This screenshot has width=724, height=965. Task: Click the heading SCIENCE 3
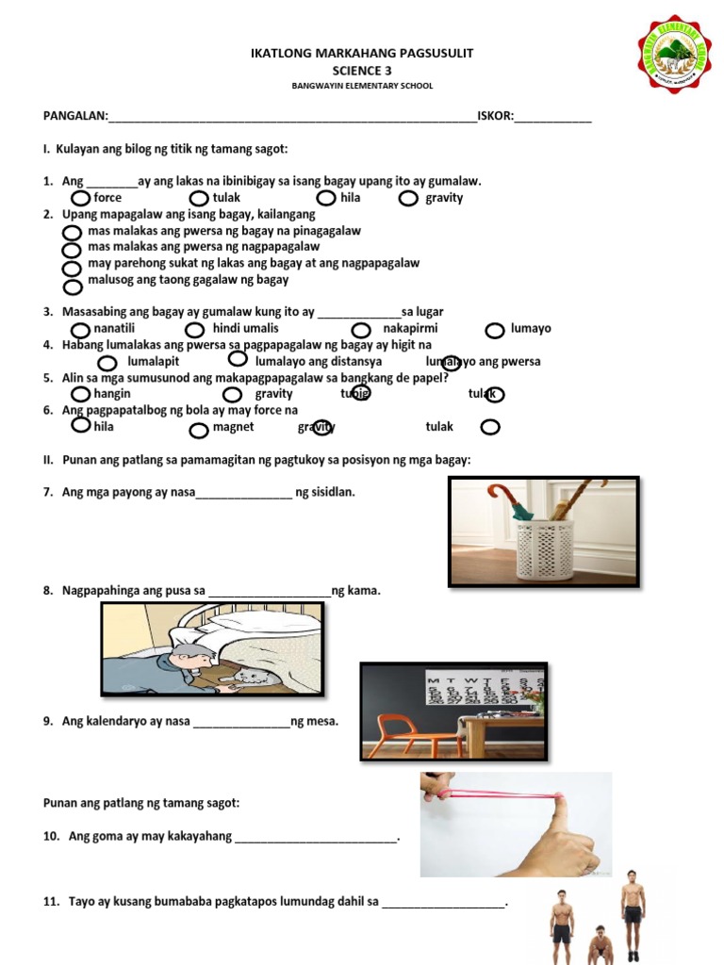point(361,70)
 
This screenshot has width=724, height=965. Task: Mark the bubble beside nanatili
point(82,329)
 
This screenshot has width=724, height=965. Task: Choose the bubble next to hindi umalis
point(194,329)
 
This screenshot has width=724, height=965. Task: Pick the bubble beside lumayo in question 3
point(494,330)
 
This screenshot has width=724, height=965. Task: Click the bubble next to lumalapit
point(107,363)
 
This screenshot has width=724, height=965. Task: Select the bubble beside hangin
point(82,394)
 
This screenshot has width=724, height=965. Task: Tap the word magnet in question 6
point(233,427)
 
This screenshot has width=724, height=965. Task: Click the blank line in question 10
point(316,837)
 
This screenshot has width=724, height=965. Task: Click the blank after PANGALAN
point(292,117)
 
